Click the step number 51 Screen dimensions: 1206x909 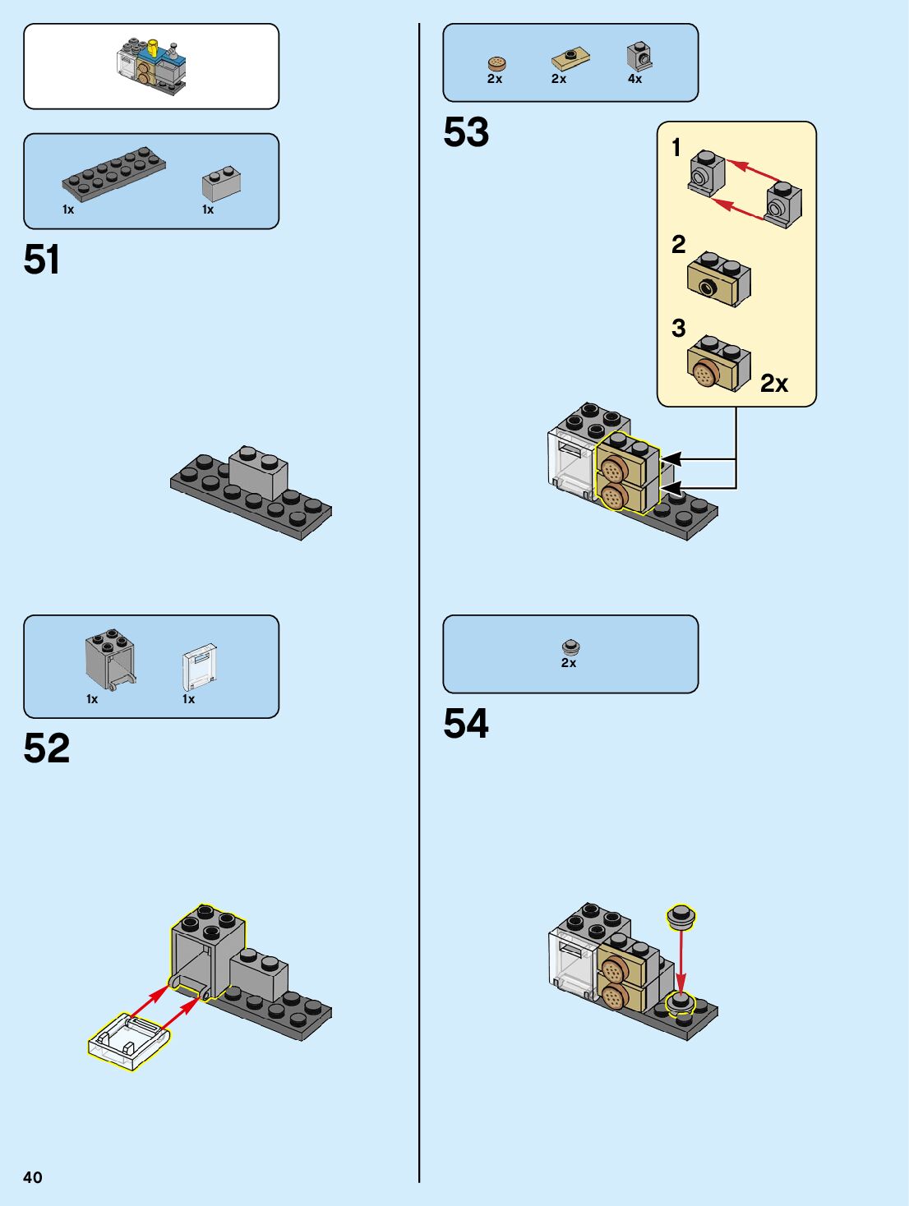coord(42,260)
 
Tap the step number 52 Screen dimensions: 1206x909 coord(47,748)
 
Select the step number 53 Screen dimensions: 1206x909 coord(466,132)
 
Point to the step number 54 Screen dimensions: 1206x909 coord(466,724)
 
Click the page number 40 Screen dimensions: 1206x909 coord(33,1177)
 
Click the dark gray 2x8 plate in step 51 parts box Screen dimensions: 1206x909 coord(113,173)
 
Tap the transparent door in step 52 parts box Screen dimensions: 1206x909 coord(200,666)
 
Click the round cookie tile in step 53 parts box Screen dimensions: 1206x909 coord(496,63)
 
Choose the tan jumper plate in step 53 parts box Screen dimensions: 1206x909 coord(570,58)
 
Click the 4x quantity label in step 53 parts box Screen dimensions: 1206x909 coord(634,79)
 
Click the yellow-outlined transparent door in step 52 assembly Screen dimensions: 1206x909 coord(130,1040)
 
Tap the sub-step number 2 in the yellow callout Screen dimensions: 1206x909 coord(678,244)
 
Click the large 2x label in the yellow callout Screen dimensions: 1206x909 coord(773,383)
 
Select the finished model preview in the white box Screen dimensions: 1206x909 coord(151,66)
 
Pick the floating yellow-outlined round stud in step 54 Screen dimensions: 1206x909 coord(681,916)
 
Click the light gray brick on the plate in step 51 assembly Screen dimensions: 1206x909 coord(258,472)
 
